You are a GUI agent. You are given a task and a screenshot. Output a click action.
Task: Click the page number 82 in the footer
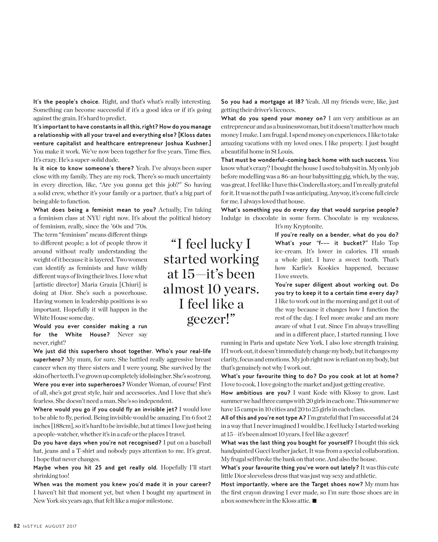tap(17, 526)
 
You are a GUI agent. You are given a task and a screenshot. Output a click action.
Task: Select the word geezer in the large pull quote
tap(207, 319)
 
